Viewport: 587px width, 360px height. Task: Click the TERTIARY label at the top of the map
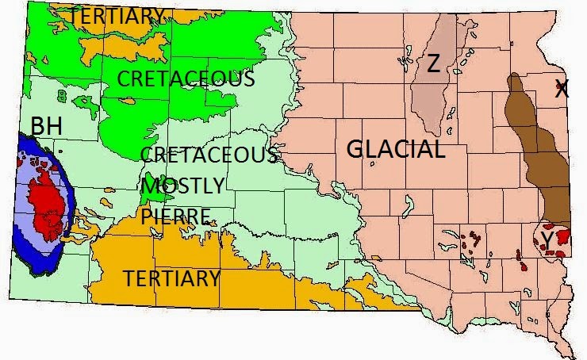117,15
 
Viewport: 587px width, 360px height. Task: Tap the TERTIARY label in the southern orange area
171,278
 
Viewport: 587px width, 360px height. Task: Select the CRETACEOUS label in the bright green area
186,79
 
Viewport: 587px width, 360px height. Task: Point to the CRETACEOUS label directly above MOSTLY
208,155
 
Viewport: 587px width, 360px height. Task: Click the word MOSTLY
184,186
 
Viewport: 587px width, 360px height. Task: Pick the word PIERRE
177,216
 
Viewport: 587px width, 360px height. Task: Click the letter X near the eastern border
562,90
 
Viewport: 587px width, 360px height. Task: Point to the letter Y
547,238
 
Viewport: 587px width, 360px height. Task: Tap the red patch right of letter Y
562,236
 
